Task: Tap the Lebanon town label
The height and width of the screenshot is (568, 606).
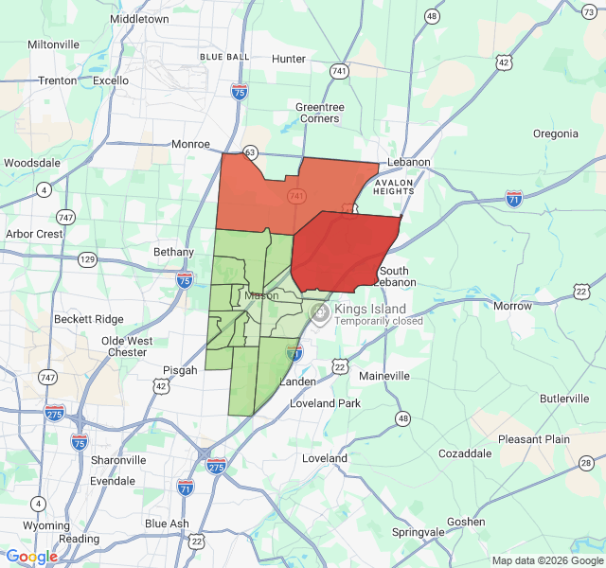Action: pos(407,162)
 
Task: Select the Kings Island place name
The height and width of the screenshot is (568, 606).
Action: pos(370,309)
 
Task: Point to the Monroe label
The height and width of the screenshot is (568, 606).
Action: pos(190,144)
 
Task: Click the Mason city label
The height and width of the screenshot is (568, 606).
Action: pos(261,295)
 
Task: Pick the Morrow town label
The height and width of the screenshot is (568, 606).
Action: pos(512,306)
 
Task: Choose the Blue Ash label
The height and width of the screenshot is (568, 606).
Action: pos(167,524)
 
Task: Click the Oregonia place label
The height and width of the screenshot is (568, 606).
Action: pos(556,133)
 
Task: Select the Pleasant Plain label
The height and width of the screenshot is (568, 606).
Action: pos(534,439)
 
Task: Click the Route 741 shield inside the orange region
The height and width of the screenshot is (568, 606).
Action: pos(297,196)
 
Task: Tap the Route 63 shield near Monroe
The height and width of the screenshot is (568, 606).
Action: pos(250,151)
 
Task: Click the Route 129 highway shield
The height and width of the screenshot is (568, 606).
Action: pos(87,258)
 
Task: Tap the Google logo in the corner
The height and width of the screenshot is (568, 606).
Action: pos(31,558)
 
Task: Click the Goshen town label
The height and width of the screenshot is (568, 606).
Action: pos(466,522)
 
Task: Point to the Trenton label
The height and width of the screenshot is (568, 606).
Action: pos(57,80)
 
